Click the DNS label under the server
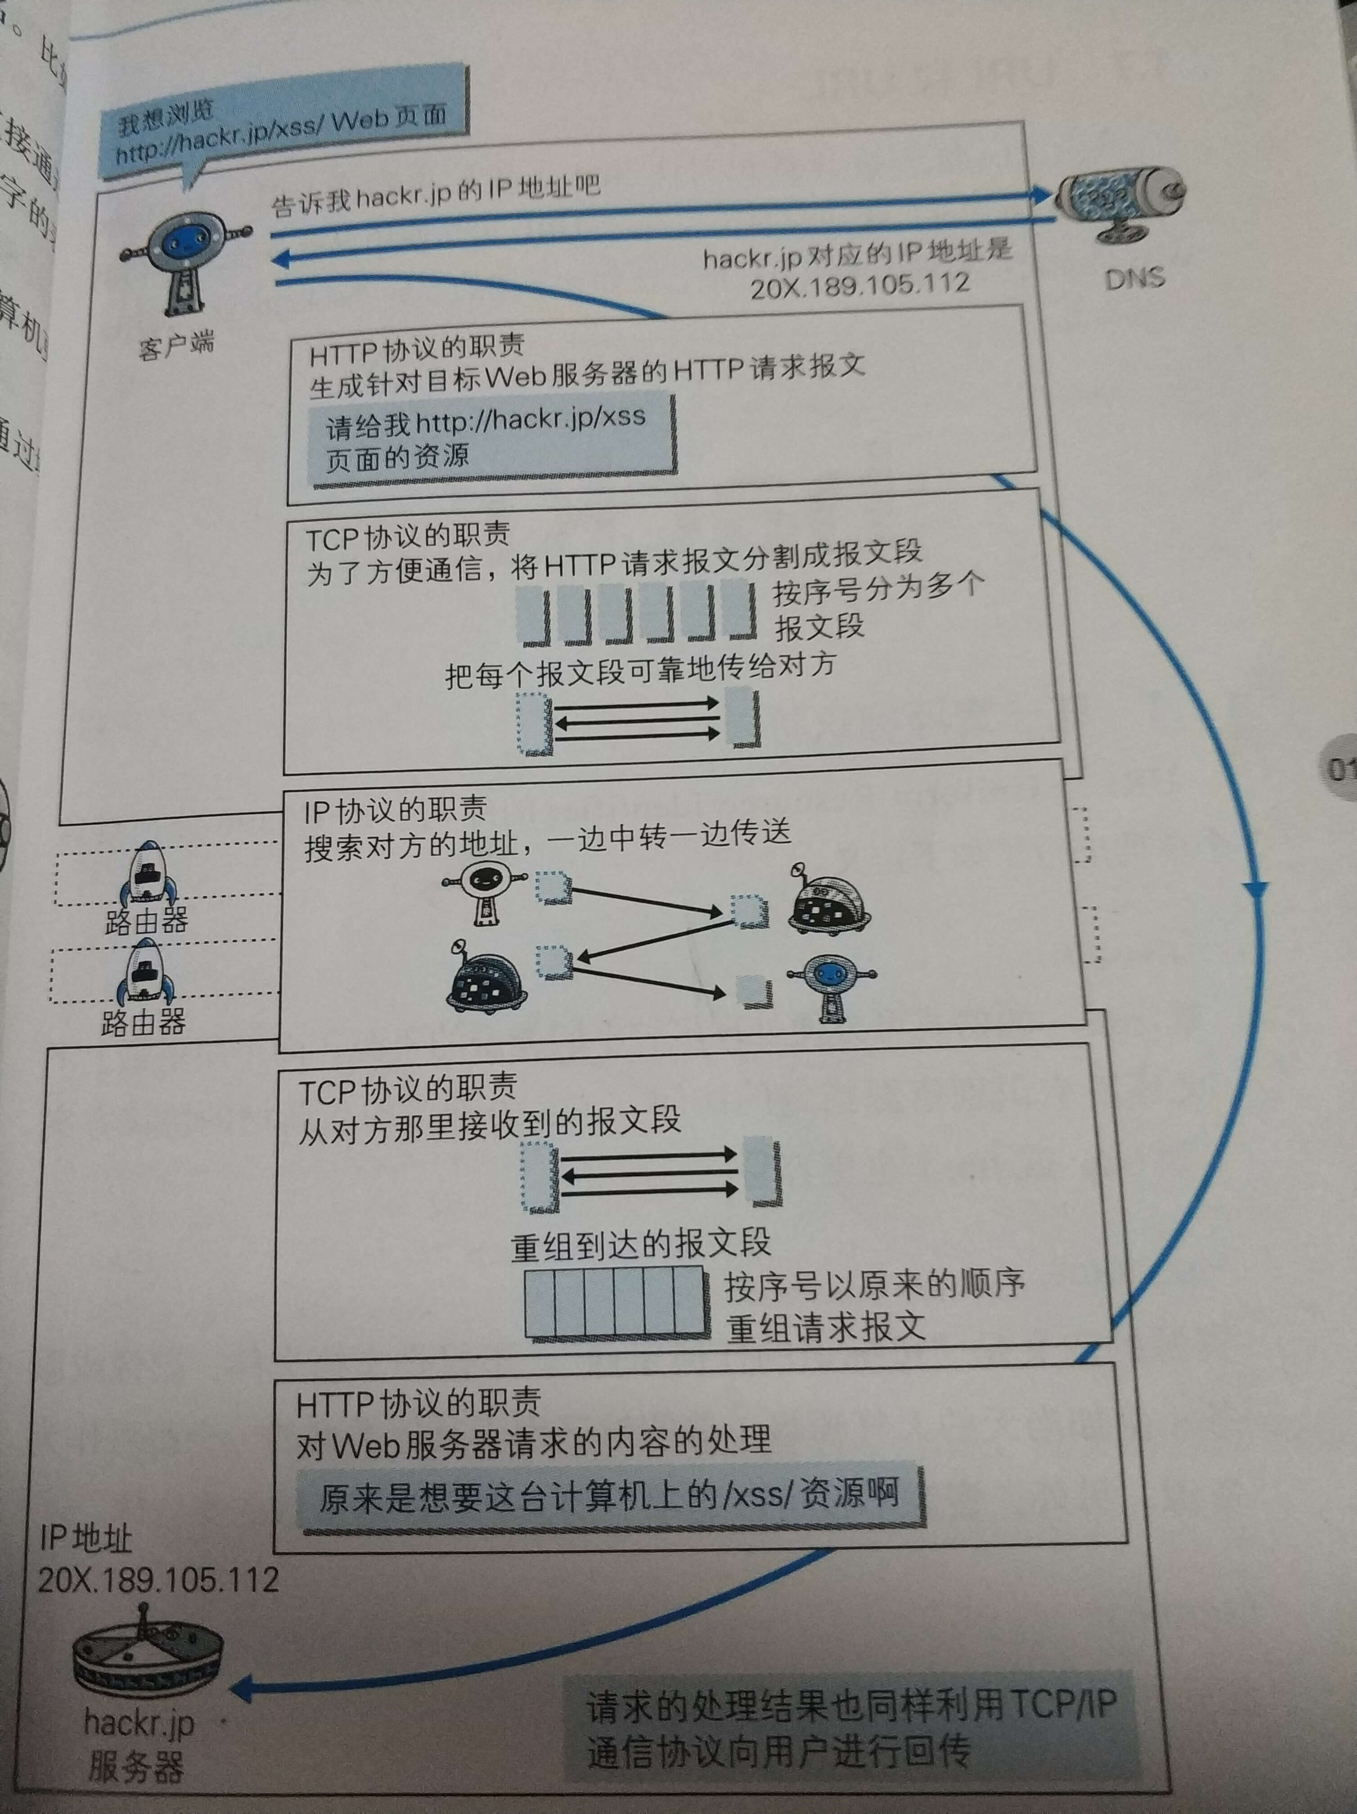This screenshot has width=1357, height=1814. click(1134, 279)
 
